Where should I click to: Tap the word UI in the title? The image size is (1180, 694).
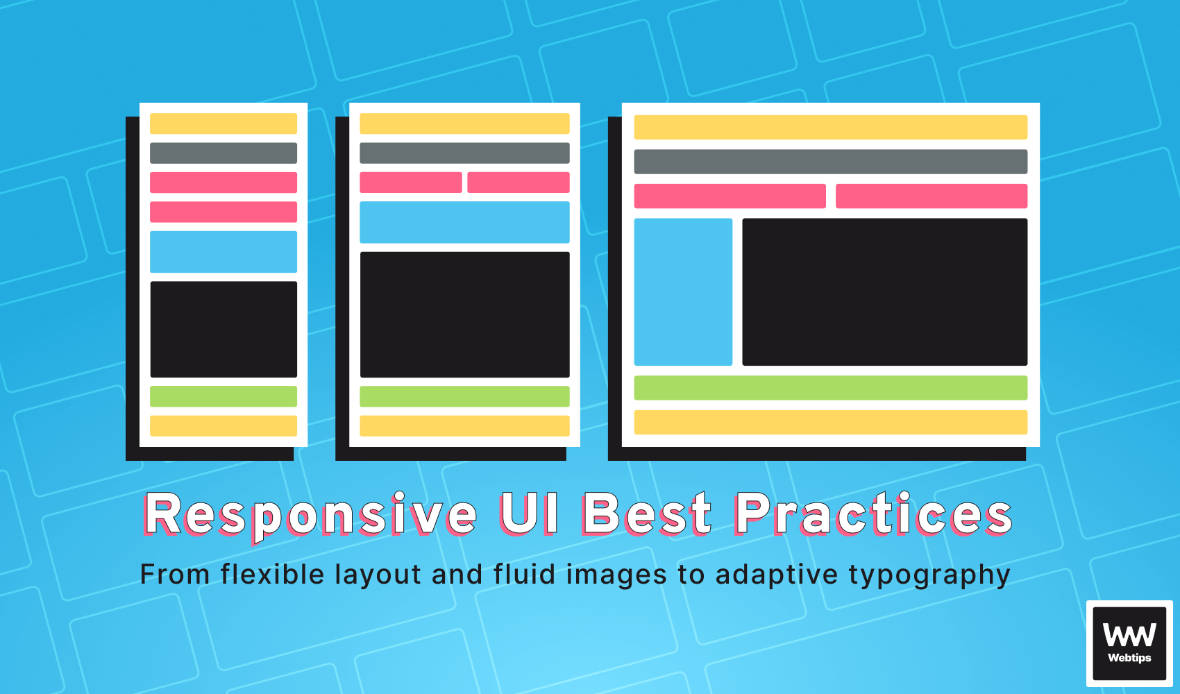point(530,514)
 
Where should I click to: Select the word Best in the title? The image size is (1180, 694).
point(647,514)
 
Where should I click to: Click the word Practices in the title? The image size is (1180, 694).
point(873,514)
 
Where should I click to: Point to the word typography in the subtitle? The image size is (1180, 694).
point(929,575)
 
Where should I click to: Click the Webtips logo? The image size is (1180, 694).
point(1129,643)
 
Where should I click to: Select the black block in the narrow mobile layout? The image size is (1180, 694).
point(224,329)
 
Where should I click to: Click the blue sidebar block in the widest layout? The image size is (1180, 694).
point(683,291)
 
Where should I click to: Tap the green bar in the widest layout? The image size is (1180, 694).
point(831,387)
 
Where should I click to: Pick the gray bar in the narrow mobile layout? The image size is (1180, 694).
point(224,153)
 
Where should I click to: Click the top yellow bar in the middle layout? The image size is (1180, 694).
point(464,124)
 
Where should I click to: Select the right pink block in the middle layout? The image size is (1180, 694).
point(519,183)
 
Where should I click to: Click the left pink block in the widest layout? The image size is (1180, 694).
point(730,196)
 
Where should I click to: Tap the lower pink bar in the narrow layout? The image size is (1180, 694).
point(224,212)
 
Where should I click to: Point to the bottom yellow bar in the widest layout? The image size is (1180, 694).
point(831,422)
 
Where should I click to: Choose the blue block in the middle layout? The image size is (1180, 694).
point(464,222)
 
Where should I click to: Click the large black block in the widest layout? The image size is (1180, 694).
point(885,291)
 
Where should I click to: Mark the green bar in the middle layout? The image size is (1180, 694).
point(464,396)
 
